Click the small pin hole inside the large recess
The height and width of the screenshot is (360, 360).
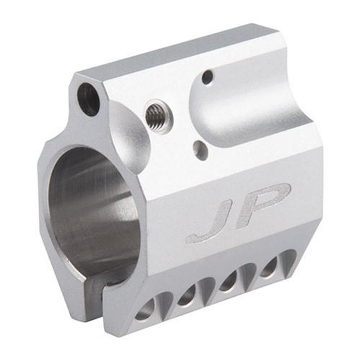pos(208,77)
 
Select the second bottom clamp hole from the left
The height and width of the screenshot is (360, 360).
pos(188,296)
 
